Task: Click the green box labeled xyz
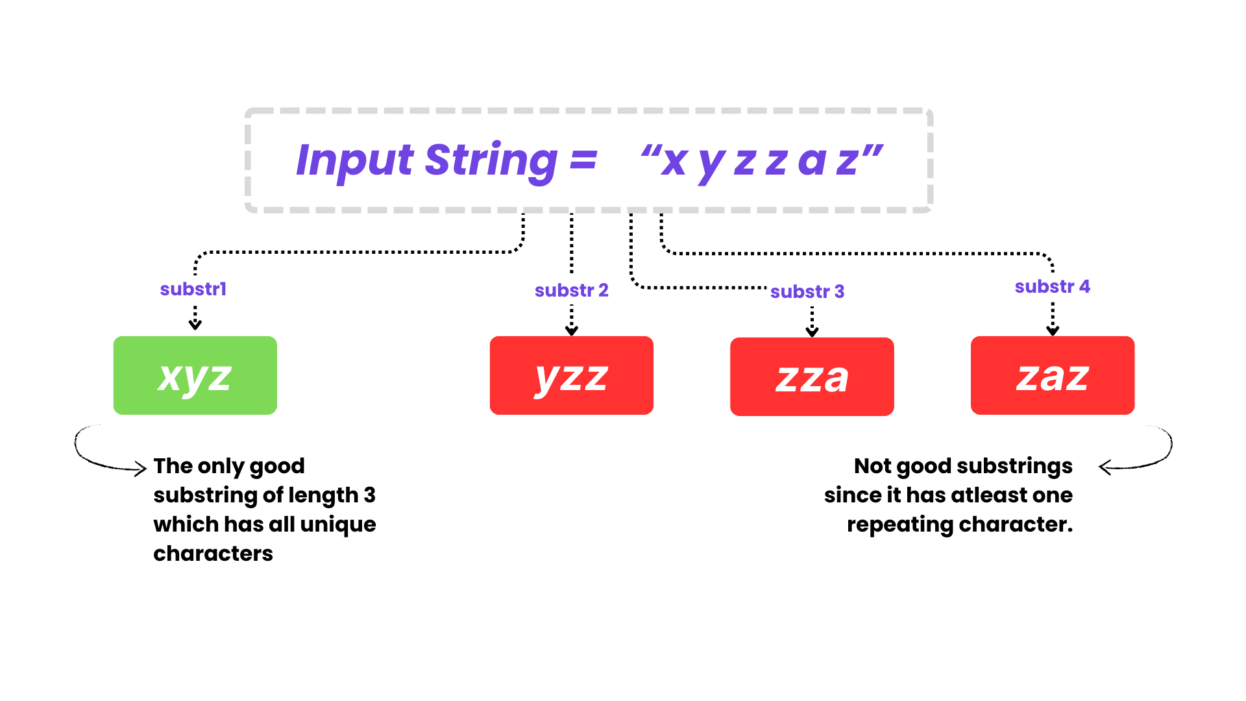tap(195, 375)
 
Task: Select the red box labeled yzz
tap(572, 375)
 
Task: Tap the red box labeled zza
tap(812, 376)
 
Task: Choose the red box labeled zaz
tap(1053, 375)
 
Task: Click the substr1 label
tap(193, 289)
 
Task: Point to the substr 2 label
tap(572, 290)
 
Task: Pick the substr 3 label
tap(807, 291)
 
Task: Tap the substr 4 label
tap(1053, 286)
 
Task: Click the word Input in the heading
tap(355, 160)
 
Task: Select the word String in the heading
tap(491, 162)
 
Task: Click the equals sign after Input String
tap(583, 160)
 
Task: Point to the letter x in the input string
tap(674, 162)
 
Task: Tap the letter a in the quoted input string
tap(812, 162)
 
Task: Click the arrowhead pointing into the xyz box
tap(195, 324)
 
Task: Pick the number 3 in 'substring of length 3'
tap(370, 495)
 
